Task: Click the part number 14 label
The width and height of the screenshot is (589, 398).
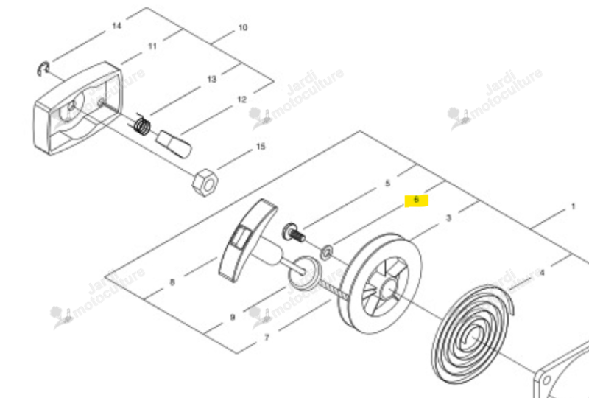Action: click(x=117, y=26)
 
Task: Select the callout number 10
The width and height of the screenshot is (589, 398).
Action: click(x=243, y=27)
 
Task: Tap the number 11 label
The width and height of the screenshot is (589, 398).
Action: click(x=152, y=46)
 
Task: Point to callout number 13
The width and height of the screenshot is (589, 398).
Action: click(x=212, y=79)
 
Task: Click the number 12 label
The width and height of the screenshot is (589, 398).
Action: click(x=242, y=99)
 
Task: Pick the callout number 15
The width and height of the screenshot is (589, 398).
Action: click(x=261, y=147)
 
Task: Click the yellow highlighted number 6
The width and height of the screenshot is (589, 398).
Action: click(x=416, y=200)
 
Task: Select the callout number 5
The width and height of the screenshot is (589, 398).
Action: click(x=388, y=184)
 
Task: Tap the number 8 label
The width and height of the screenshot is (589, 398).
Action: click(x=172, y=282)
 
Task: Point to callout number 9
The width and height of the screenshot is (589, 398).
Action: click(x=233, y=317)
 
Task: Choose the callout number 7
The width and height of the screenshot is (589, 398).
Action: click(x=267, y=337)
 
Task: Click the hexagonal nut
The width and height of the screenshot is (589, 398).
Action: click(x=205, y=183)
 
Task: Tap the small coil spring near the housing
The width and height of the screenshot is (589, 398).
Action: click(x=142, y=125)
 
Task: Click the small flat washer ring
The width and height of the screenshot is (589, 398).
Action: click(x=326, y=251)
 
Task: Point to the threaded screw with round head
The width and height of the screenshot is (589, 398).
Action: click(x=293, y=233)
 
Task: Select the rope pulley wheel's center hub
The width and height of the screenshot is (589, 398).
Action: click(x=388, y=288)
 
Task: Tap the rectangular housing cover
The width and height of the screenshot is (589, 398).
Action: click(x=78, y=108)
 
